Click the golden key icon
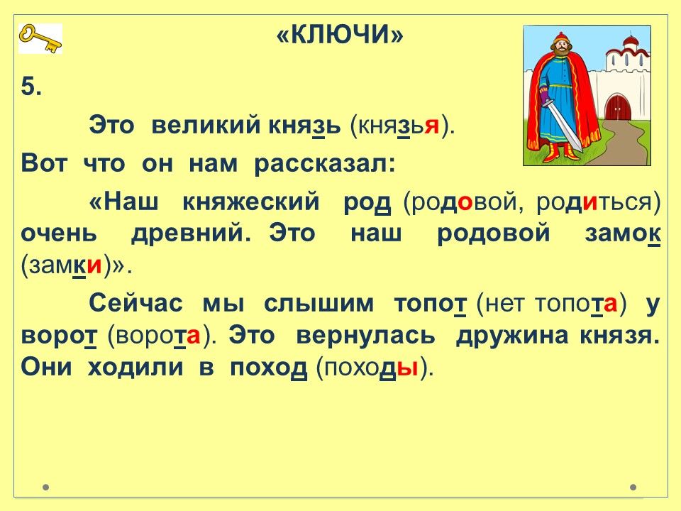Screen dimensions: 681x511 (x=40, y=38)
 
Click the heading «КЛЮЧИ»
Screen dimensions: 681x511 (x=340, y=34)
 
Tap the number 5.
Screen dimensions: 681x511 (x=31, y=87)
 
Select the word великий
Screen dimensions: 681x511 (x=206, y=126)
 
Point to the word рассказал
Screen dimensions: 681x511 (x=325, y=164)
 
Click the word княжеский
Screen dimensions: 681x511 (x=250, y=202)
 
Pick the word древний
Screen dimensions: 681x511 (x=191, y=233)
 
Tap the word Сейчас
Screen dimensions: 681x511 (x=136, y=303)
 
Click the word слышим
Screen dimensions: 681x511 (x=319, y=303)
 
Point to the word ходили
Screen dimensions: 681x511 (x=135, y=368)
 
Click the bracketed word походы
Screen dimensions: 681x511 (x=369, y=368)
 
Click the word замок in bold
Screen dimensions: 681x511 (x=623, y=233)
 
